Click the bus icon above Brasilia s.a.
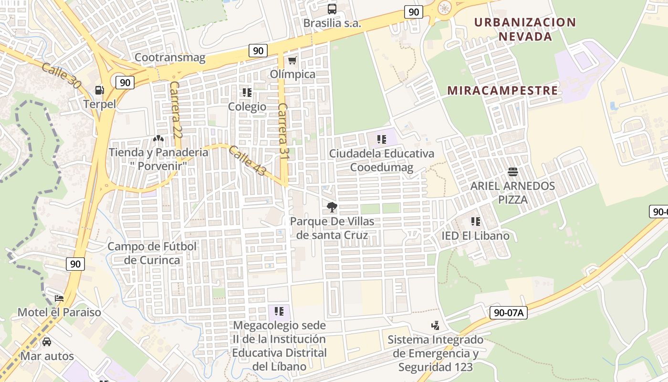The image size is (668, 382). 332,9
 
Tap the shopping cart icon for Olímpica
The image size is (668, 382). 292,60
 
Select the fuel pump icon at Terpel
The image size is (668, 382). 99,90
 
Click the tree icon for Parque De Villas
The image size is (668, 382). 332,207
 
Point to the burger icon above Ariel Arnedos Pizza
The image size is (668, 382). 513,171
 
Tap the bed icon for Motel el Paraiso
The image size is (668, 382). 59,298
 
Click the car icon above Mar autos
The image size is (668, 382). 47,341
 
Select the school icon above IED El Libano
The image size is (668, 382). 475,221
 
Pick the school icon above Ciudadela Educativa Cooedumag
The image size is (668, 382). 381,139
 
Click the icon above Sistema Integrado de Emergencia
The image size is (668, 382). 435,326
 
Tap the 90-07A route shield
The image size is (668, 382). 508,313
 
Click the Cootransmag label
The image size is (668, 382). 170,58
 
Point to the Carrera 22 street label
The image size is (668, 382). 175,110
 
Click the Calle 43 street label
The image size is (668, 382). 247,160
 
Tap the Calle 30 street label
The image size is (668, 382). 61,75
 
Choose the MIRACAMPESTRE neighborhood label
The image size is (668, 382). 502,90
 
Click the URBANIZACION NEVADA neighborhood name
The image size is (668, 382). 525,29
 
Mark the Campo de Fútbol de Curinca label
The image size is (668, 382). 152,253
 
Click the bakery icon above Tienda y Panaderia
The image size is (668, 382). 158,138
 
